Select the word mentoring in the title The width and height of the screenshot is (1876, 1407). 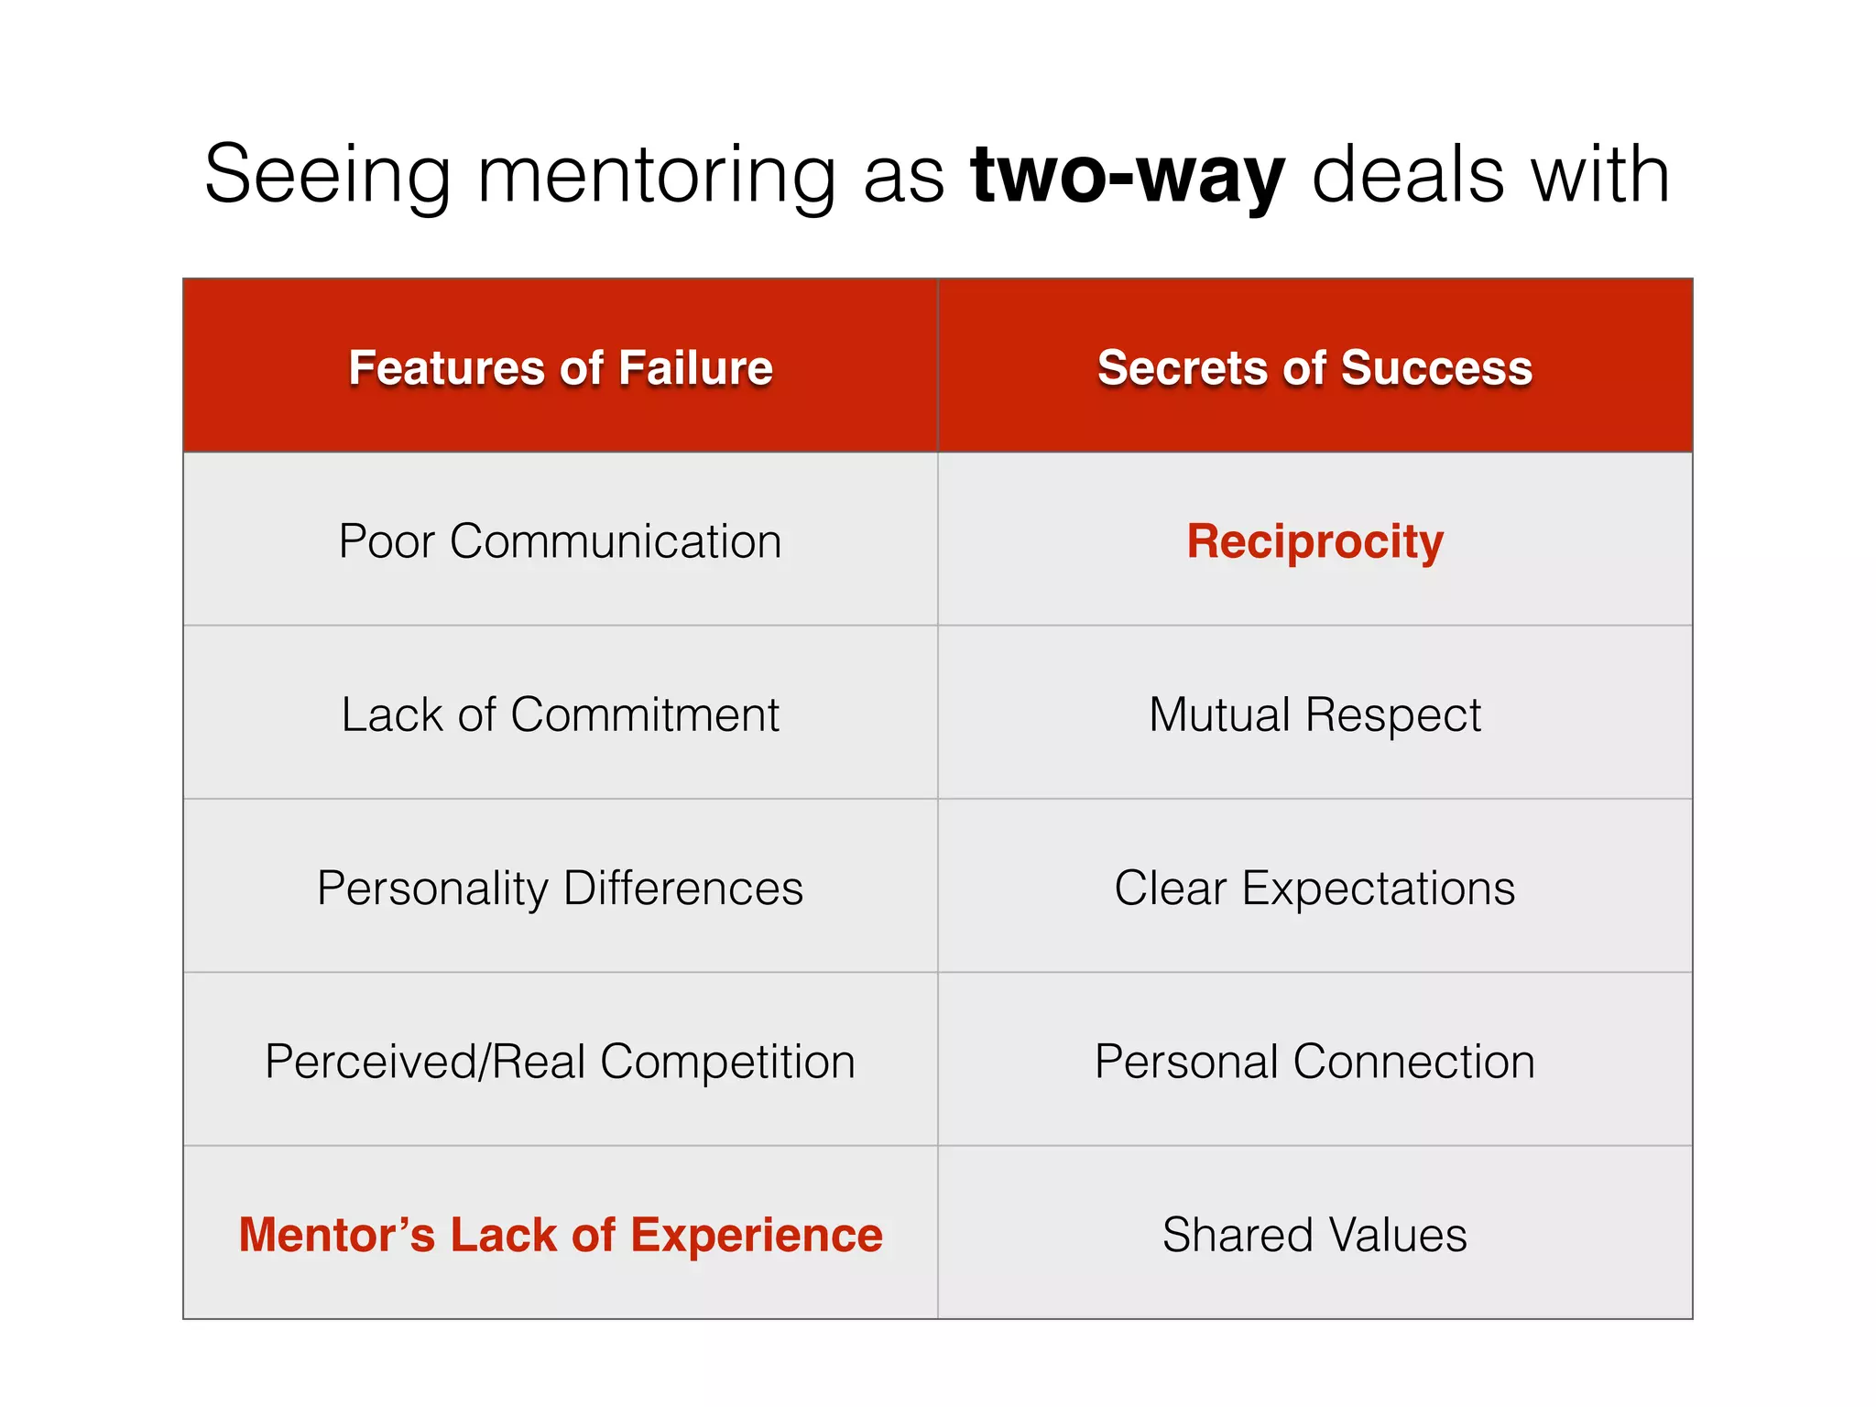pos(657,176)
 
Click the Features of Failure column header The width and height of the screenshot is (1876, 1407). pos(561,368)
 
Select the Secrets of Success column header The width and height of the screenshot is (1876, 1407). pos(1314,368)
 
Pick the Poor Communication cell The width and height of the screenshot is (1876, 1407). pos(561,541)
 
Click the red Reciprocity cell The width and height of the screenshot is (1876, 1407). pos(1314,541)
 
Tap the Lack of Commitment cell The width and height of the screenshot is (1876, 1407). pos(561,714)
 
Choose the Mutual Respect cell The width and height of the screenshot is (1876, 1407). pos(1314,714)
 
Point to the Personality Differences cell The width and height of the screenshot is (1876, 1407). pos(561,888)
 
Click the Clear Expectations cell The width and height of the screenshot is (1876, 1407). pos(1314,888)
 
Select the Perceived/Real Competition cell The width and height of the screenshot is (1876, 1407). pos(561,1061)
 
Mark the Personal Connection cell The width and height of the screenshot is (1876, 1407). pos(1314,1061)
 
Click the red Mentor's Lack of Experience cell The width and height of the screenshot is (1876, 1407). pos(561,1235)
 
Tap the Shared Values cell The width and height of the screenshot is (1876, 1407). pos(1314,1235)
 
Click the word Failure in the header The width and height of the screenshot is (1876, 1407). pos(695,368)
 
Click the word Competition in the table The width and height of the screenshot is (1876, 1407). pos(727,1061)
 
